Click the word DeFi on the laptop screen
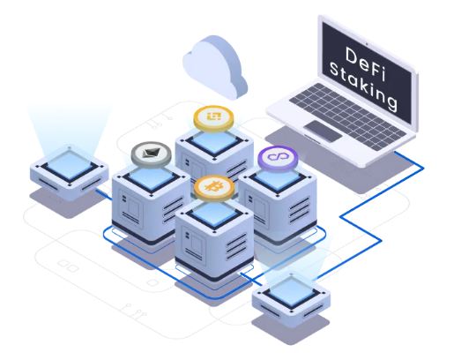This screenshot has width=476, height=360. coord(365,64)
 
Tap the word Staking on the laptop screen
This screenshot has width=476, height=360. coord(363,86)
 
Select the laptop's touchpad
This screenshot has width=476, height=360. coord(323,131)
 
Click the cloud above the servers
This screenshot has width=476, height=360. coord(215,67)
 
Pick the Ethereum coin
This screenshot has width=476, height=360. coord(152,154)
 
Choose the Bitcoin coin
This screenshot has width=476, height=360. coord(214,189)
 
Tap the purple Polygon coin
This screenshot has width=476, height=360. coord(278,159)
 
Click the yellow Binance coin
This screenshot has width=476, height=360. coord(213,119)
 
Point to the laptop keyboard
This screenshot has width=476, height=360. coord(347,116)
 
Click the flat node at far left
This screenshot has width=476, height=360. coord(70,172)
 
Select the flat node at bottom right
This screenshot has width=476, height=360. coord(291,298)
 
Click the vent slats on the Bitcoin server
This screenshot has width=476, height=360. coord(237,246)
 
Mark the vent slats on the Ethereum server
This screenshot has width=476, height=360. coord(174,210)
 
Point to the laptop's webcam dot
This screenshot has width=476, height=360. coord(367,44)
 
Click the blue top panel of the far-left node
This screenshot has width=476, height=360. coord(70,166)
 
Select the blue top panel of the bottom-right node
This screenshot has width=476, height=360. coord(292,292)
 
